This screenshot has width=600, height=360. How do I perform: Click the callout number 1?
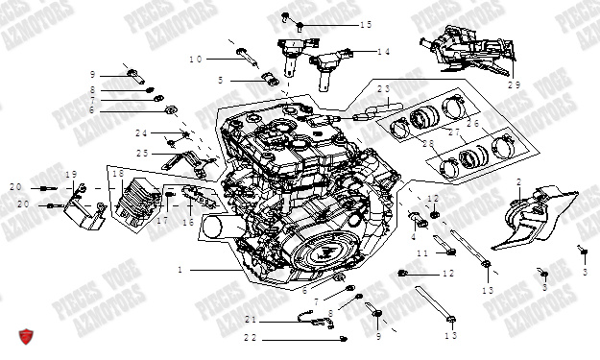(x=180, y=271)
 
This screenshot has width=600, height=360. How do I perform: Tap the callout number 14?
(x=383, y=52)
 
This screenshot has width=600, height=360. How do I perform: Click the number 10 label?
(x=196, y=60)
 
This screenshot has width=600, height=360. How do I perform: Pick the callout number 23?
(x=384, y=89)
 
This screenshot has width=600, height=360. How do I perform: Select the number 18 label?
(x=118, y=173)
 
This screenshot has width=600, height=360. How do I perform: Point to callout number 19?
(x=70, y=174)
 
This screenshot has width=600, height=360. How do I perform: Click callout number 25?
(x=142, y=153)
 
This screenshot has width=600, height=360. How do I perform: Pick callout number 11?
(x=420, y=252)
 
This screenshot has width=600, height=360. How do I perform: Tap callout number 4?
(x=415, y=236)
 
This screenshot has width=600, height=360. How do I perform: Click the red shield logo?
(x=28, y=337)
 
